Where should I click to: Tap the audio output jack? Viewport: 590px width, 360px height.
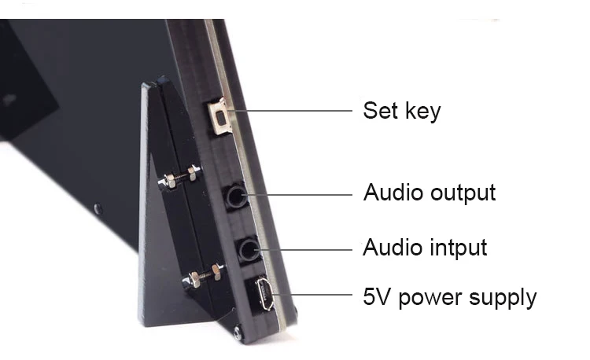tap(235, 195)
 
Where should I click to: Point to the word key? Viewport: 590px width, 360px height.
tap(423, 111)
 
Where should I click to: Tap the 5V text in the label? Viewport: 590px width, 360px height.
tap(376, 297)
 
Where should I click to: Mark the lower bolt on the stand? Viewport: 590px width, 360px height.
tap(203, 276)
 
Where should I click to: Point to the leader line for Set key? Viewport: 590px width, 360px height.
tap(291, 111)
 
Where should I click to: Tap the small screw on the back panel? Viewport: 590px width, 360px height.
tap(98, 209)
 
